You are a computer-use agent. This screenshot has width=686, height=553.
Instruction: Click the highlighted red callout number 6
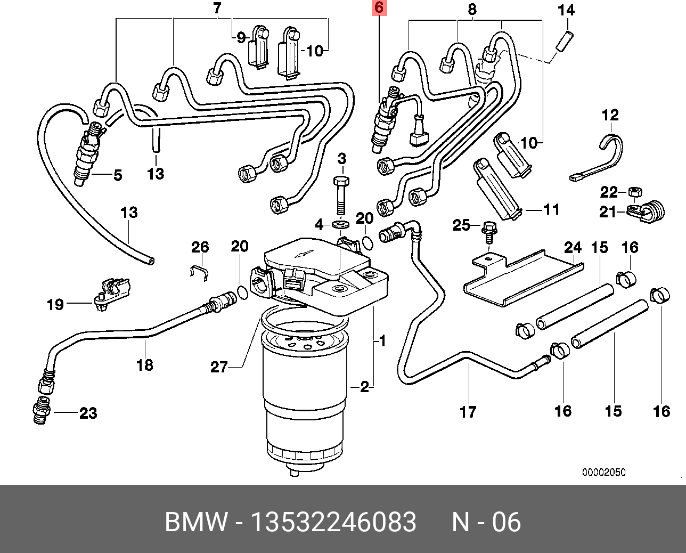coord(379,8)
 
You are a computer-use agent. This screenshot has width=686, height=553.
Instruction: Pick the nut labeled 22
coord(634,190)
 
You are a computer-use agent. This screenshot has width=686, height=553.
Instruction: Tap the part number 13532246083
coord(333,522)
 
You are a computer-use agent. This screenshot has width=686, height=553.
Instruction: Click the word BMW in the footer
coord(195,522)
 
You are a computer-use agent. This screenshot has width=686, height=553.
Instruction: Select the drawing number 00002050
coord(603,473)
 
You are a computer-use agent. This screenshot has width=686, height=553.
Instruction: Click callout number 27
coord(219,367)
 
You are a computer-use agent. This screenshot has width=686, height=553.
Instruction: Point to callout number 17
coord(468,412)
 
